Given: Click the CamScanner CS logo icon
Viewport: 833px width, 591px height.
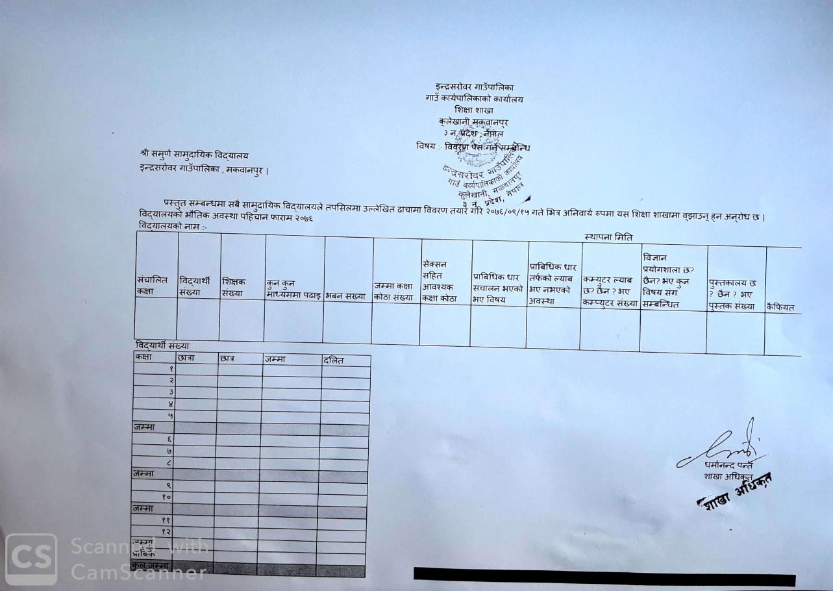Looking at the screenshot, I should pyautogui.click(x=31, y=559).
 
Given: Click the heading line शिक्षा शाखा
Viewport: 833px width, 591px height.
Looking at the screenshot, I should pyautogui.click(x=473, y=110).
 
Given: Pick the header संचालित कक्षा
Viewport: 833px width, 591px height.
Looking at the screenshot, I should pyautogui.click(x=150, y=286).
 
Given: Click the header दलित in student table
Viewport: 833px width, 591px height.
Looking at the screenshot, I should pyautogui.click(x=333, y=360).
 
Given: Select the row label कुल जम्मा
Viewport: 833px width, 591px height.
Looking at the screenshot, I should pyautogui.click(x=151, y=566).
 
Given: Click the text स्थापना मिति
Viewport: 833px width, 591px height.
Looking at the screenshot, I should pyautogui.click(x=608, y=238).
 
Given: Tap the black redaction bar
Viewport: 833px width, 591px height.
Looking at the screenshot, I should pyautogui.click(x=604, y=575).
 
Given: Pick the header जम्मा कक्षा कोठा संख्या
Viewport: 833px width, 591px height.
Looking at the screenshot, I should pyautogui.click(x=393, y=292).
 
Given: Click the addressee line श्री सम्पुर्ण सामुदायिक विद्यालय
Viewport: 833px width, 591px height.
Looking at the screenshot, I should pyautogui.click(x=194, y=155).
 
